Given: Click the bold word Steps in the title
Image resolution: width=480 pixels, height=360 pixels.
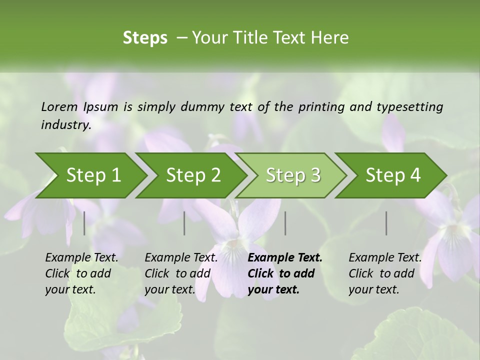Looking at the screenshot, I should pyautogui.click(x=145, y=38).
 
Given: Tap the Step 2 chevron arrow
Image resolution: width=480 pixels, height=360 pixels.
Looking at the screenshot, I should pyautogui.click(x=193, y=175).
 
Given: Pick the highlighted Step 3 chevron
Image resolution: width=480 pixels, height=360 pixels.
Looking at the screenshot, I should pyautogui.click(x=293, y=175).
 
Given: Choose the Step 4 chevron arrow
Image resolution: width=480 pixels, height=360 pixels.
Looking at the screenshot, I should pyautogui.click(x=393, y=175).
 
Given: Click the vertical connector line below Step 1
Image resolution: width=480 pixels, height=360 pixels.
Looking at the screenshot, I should pyautogui.click(x=84, y=223).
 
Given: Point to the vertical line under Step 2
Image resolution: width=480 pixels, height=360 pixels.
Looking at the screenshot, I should pyautogui.click(x=184, y=223).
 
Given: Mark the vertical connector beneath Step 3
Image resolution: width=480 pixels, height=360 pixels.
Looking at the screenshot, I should pyautogui.click(x=285, y=223).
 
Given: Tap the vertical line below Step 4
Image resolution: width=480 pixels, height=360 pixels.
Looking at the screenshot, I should pyautogui.click(x=386, y=223).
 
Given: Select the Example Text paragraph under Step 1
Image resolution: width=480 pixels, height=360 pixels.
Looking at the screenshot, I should pyautogui.click(x=81, y=273).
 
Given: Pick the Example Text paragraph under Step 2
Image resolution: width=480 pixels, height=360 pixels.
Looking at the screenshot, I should pyautogui.click(x=181, y=273).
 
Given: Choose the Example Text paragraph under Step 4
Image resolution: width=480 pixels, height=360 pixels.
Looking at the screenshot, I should pyautogui.click(x=385, y=273).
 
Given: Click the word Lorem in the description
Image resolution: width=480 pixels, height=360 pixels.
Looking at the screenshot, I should pyautogui.click(x=59, y=107).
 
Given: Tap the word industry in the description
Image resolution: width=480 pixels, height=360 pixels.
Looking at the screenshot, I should pyautogui.click(x=65, y=125).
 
